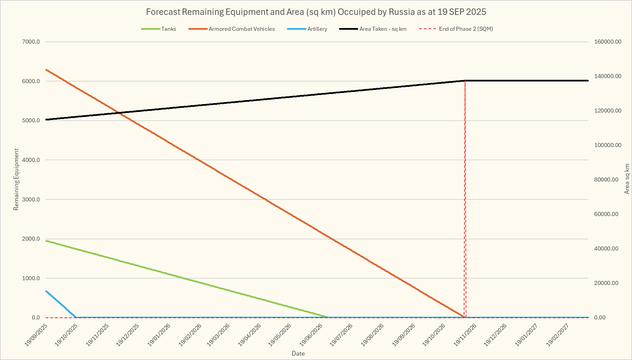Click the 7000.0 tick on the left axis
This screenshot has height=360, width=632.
click(x=31, y=42)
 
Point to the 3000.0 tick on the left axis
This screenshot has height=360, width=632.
click(x=31, y=199)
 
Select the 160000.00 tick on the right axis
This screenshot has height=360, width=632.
click(x=608, y=42)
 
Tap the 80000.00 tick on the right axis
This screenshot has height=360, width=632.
click(x=606, y=180)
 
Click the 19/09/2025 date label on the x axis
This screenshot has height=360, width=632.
click(x=36, y=335)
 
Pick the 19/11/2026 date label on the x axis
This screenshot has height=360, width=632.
click(x=465, y=335)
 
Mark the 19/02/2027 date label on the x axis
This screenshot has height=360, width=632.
click(x=558, y=335)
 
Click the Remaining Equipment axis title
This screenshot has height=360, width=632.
click(x=16, y=179)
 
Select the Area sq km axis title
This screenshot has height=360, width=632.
click(x=627, y=179)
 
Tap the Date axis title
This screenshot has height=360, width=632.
click(x=298, y=354)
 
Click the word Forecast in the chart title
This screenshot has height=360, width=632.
click(x=163, y=12)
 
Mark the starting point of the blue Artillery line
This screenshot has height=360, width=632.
click(x=46, y=291)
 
